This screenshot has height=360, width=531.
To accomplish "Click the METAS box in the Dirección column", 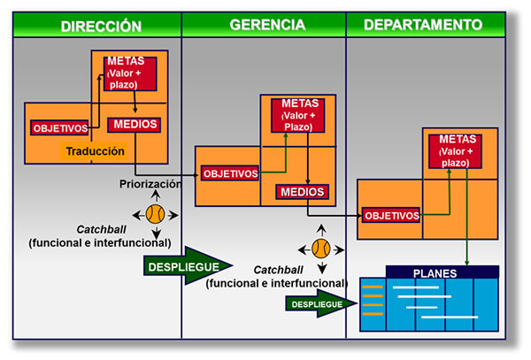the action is tap(130, 73).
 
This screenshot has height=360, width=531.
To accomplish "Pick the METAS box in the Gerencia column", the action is tap(297, 115).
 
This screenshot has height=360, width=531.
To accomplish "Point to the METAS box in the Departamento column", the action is tap(455, 151).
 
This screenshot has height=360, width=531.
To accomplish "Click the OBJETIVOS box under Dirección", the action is tap(59, 128).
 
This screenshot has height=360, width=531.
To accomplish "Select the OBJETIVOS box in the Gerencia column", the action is tap(230, 173).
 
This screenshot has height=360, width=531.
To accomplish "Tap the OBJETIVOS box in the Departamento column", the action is tap(391, 215).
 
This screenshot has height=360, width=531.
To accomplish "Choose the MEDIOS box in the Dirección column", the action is tap(135, 125).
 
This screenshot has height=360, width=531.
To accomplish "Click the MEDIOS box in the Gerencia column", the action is tap(302, 192).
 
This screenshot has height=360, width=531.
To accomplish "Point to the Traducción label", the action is tap(95, 151).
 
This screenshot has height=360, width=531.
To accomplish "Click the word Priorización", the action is tap(150, 184).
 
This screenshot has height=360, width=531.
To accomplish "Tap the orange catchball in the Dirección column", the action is tap(156, 215).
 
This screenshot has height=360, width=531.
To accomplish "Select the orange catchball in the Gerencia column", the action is tap(321, 249).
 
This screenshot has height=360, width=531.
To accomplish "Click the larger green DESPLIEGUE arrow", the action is tap(188, 266).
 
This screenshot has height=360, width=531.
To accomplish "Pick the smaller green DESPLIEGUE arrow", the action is tap(321, 303).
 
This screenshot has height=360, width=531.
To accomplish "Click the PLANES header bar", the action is tap(442, 272).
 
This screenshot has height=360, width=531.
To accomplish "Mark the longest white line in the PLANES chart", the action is tap(450, 317).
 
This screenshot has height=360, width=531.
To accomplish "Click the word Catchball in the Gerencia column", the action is tap(278, 270).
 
